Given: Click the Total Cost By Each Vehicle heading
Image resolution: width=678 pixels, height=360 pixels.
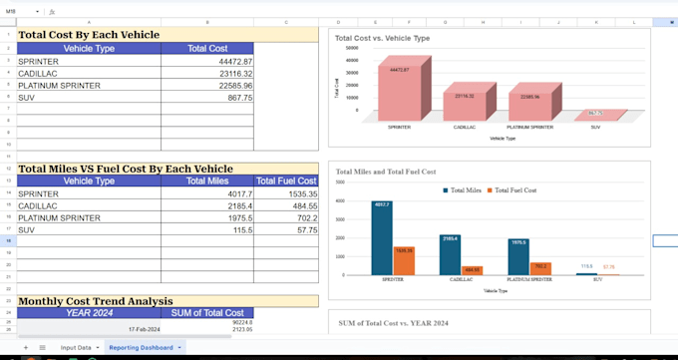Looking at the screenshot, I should [89, 35].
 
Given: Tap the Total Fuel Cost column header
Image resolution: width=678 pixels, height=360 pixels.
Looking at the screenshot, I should [286, 181].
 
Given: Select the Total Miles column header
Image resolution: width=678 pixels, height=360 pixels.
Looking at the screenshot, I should [206, 181].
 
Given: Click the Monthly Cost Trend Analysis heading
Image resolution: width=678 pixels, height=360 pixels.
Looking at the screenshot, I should [95, 301].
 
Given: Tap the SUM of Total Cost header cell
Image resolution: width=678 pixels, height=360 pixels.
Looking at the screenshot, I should [206, 312].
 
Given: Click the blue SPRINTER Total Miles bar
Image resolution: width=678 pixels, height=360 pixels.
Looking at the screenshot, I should [382, 240].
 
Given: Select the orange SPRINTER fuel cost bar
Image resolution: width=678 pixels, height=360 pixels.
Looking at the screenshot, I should [404, 261].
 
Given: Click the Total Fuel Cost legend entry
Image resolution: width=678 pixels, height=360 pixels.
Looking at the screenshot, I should [514, 189].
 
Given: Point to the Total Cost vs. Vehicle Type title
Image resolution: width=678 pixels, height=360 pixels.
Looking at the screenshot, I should [382, 38].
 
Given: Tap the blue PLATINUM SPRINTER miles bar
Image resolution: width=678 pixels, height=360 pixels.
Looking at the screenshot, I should [517, 257].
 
